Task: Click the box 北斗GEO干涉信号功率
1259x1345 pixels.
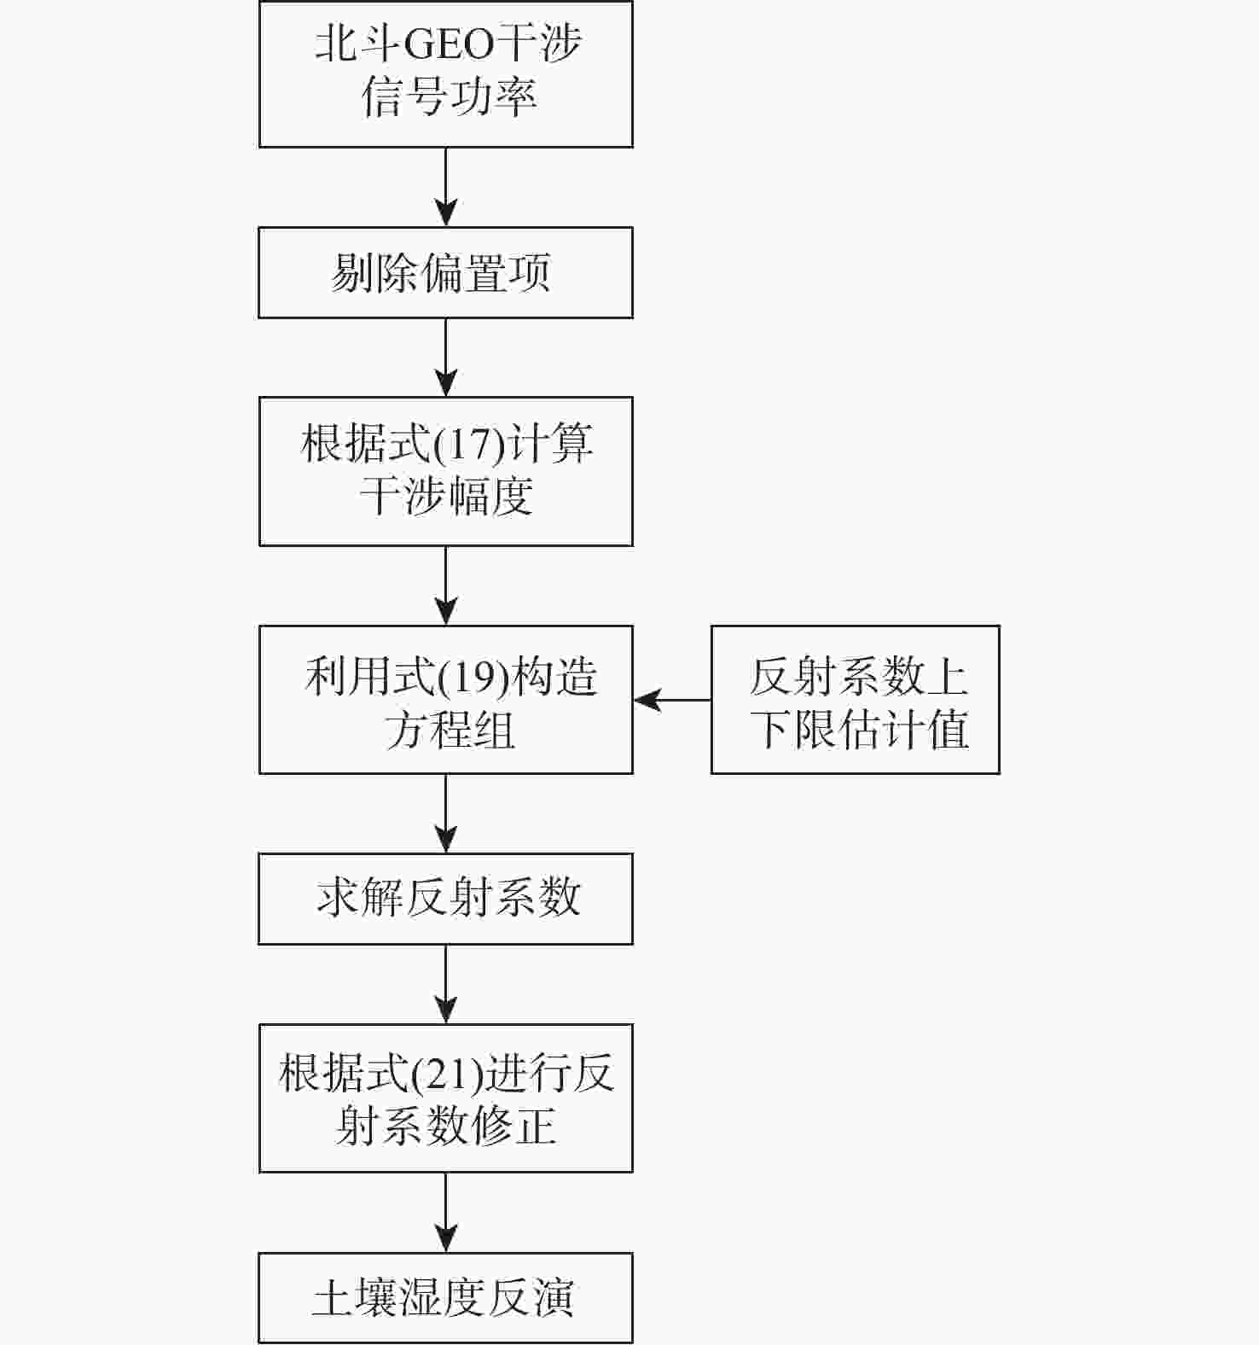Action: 445,74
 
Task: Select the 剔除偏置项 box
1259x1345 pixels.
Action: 445,273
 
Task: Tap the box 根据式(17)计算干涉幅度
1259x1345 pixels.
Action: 445,471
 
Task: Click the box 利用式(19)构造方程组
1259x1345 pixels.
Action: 445,700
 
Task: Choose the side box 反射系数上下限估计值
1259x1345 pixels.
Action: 855,700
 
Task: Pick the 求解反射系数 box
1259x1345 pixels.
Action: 445,899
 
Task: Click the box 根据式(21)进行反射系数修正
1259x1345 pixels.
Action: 445,1098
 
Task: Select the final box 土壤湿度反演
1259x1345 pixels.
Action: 445,1297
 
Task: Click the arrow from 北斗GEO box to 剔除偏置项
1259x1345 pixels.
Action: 445,188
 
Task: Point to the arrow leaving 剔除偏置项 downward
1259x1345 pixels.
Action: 445,358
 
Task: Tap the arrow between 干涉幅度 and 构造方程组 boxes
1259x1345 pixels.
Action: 445,585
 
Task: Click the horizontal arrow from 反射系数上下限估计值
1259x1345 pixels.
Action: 672,700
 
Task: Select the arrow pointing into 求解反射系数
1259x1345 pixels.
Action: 445,813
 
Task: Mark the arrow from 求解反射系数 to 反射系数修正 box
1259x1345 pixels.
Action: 445,984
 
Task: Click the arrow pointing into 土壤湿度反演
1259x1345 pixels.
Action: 445,1213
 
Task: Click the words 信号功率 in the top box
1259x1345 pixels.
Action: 449,96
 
